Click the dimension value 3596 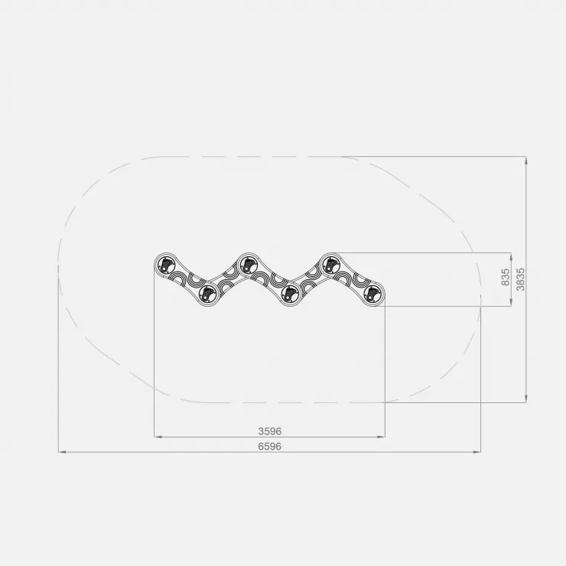click(x=270, y=431)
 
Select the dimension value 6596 click(x=270, y=447)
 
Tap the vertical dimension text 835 click(x=506, y=277)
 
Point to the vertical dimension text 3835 click(x=521, y=279)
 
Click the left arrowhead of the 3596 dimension click(x=158, y=437)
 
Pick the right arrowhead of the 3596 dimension click(x=381, y=437)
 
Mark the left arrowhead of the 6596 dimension click(x=62, y=452)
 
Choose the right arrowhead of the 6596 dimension click(x=477, y=452)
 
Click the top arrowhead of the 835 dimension click(x=511, y=256)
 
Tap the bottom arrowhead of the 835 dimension click(x=511, y=302)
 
